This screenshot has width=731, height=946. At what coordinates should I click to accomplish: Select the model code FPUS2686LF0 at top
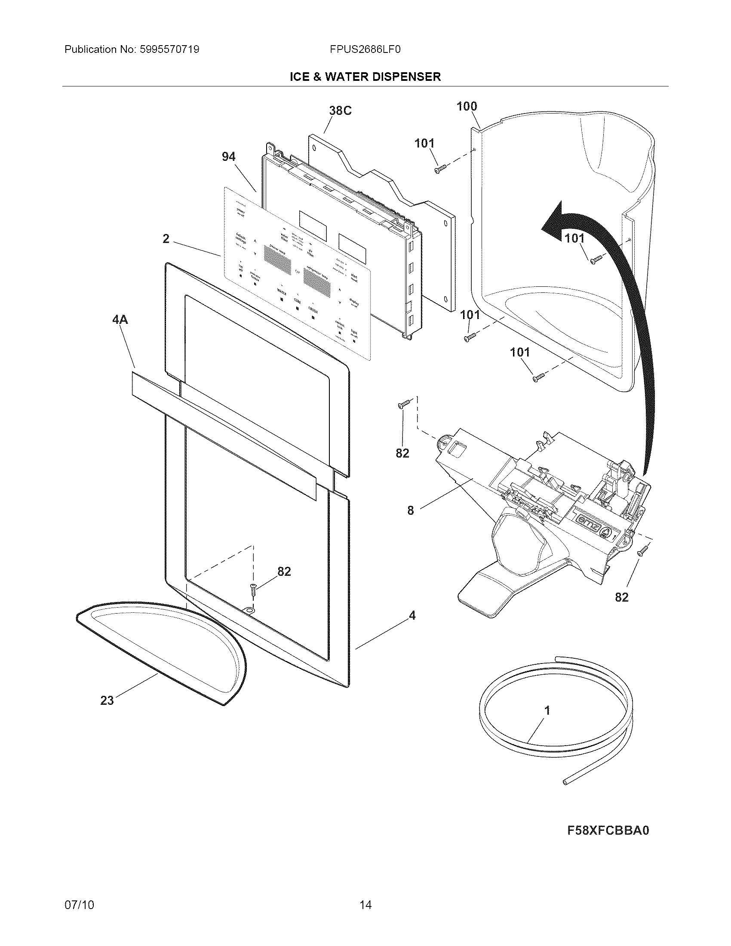(365, 49)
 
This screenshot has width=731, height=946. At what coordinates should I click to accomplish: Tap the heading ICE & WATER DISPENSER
(365, 77)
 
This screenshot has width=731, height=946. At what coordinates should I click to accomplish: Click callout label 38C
(340, 111)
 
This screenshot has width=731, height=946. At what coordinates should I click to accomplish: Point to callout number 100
(467, 106)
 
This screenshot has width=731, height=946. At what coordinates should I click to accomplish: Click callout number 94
(228, 157)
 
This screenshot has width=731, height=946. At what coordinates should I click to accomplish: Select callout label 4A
(120, 319)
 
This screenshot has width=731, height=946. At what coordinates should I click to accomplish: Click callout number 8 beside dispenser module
(411, 510)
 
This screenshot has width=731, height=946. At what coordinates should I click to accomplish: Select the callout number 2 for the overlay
(166, 239)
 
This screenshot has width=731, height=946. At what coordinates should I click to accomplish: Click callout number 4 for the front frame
(412, 615)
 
